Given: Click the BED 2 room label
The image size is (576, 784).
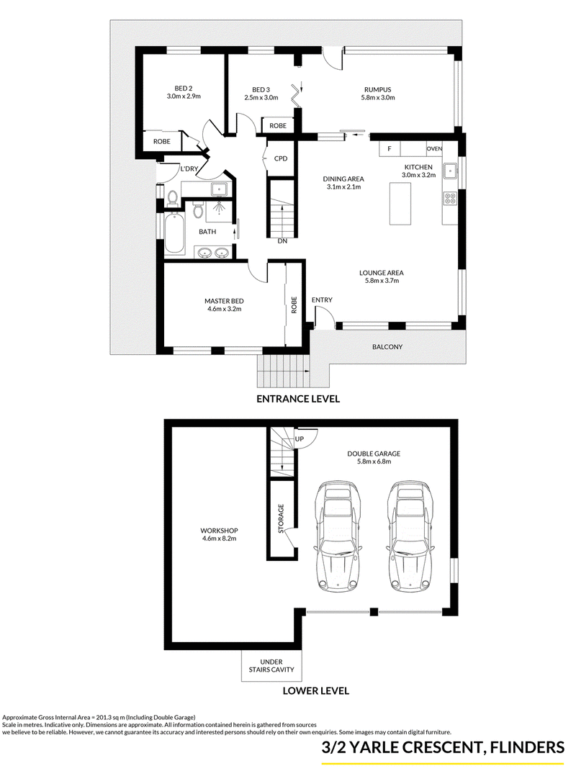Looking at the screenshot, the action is coord(184,89).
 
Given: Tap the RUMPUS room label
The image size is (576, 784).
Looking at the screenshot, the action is coord(377,90).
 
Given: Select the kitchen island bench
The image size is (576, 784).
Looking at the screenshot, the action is coord(400,204).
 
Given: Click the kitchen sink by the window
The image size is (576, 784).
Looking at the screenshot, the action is coord(451,171).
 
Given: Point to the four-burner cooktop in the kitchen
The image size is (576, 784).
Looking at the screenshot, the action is coord(450,199).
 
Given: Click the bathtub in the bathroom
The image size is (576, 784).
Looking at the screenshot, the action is coord(174,233).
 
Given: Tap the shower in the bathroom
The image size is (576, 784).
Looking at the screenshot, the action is coord(219,210).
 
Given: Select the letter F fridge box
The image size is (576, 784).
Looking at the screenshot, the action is coord(390,148).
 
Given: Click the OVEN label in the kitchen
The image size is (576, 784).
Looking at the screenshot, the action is coord(434,148).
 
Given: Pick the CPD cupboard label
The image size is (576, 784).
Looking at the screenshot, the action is coord(281,158).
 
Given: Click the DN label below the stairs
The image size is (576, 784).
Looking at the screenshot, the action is coord(282,241).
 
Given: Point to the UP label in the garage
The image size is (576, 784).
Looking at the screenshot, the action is coord(300,439).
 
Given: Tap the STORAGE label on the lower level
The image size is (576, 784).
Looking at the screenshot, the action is coord(281,518).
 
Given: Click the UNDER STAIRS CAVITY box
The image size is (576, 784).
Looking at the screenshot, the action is coord(271,665).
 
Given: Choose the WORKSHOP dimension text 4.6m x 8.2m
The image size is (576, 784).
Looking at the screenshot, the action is coord(219,539).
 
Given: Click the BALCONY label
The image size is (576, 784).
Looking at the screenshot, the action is coord(387,346).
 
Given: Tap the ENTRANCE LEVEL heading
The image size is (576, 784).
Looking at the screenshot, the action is coord(298,399).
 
